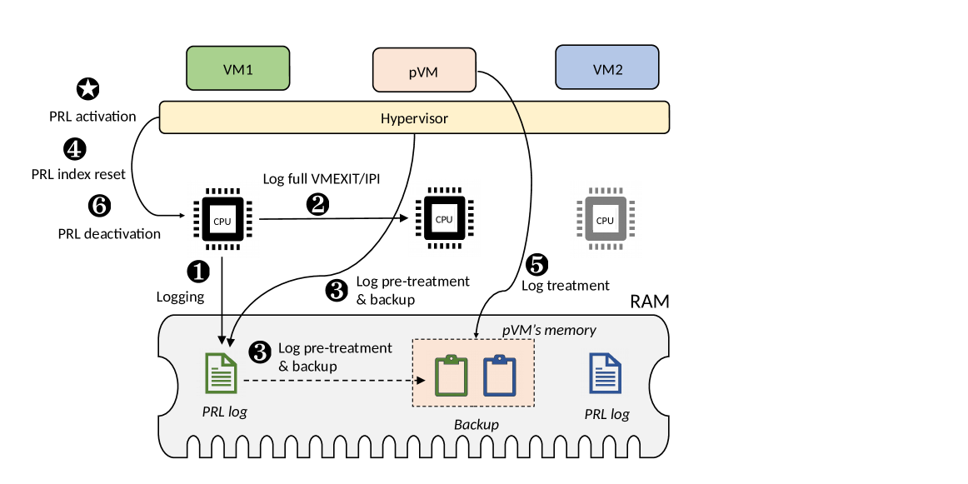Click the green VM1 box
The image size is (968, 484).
click(x=238, y=67)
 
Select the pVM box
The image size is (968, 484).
click(x=424, y=70)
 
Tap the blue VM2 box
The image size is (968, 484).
click(x=607, y=67)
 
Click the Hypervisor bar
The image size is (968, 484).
click(x=414, y=117)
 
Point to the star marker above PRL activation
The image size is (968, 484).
click(x=87, y=89)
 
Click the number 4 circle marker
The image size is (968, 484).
click(x=75, y=149)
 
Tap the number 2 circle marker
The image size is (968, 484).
click(x=317, y=203)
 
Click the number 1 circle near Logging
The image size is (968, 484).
click(x=198, y=270)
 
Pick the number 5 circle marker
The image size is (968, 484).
click(x=536, y=264)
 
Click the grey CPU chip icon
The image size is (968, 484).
click(x=605, y=220)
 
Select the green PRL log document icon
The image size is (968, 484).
click(x=221, y=373)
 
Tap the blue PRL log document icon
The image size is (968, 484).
click(x=606, y=373)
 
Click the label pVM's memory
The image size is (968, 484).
click(x=549, y=330)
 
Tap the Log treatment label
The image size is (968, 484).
click(x=566, y=286)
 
